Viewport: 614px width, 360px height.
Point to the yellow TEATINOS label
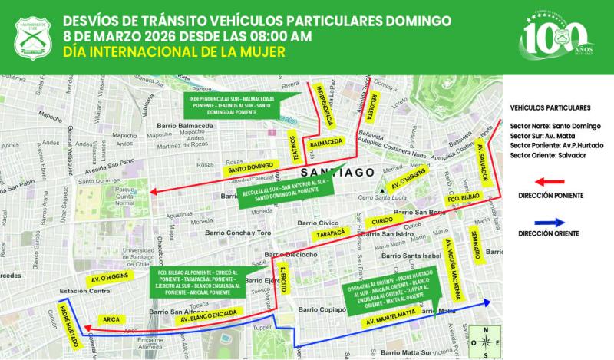(x=295, y=148)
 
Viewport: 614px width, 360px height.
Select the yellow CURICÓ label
(x=382, y=222)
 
